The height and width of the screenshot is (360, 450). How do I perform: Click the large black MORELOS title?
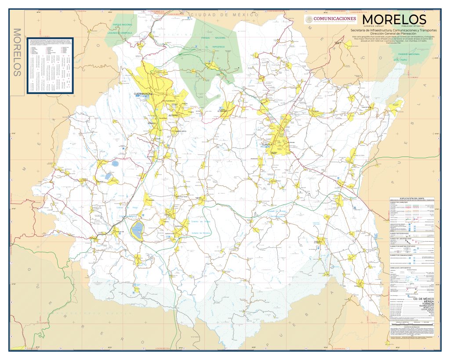pyautogui.click(x=394, y=20)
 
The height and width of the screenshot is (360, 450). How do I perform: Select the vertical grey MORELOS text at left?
pyautogui.click(x=18, y=52)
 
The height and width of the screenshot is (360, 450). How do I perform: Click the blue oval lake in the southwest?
pyautogui.click(x=138, y=228)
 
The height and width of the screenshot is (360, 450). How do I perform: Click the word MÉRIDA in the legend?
pyautogui.click(x=426, y=302)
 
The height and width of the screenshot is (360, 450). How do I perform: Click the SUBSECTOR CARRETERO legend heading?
pyautogui.click(x=399, y=203)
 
